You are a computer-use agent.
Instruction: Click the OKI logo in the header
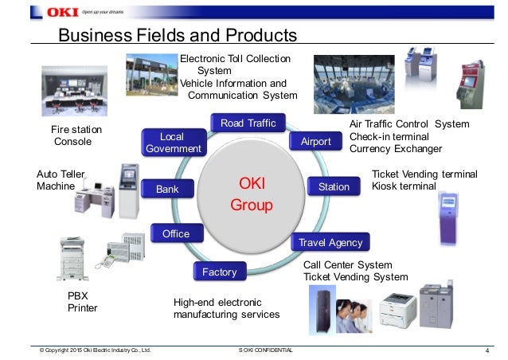[x=58, y=12]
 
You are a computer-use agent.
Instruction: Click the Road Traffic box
[x=248, y=123]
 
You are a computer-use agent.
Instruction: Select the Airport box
[x=316, y=142]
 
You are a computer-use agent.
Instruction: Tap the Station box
[x=334, y=187]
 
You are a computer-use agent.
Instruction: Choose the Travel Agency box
[x=330, y=242]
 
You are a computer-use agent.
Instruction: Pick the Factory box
[x=220, y=272]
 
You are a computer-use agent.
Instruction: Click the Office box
[x=176, y=233]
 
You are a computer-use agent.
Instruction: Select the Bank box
[x=167, y=190]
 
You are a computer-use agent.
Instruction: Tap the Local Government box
[x=172, y=143]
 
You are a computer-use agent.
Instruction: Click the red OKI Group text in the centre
[x=251, y=194]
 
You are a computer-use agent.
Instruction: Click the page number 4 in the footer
[x=486, y=350]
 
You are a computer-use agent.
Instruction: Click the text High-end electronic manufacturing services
[x=226, y=308]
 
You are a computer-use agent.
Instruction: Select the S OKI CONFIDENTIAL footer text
[x=265, y=350]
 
